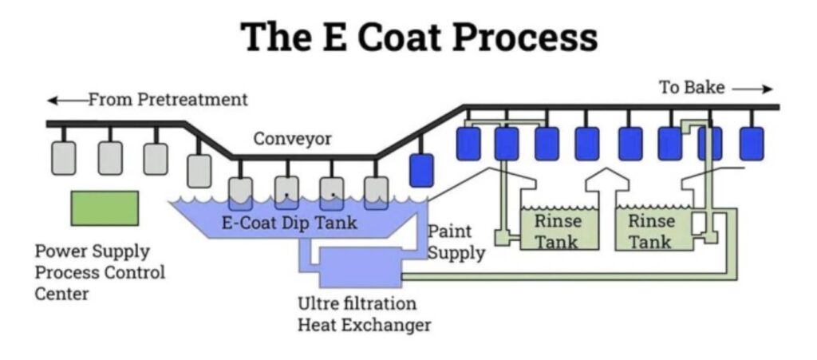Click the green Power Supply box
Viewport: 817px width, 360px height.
[105, 208]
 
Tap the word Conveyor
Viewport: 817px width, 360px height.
[292, 139]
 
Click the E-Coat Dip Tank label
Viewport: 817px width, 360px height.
[290, 223]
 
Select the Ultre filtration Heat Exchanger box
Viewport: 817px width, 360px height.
[360, 267]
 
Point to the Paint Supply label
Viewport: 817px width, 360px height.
[456, 242]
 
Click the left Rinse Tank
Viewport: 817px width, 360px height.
[559, 229]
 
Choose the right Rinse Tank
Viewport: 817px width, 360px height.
[654, 229]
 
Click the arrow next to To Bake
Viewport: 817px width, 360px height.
[752, 89]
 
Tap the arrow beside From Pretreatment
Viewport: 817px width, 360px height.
[67, 100]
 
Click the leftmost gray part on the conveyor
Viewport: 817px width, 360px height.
[64, 157]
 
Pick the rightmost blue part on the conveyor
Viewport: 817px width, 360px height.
[752, 143]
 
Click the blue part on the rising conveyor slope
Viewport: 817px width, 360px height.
[421, 170]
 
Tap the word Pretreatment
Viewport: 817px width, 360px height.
[192, 99]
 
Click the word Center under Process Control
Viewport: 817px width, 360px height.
[61, 293]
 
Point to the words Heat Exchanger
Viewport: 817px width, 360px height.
[364, 325]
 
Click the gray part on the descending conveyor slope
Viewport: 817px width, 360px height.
[199, 170]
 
